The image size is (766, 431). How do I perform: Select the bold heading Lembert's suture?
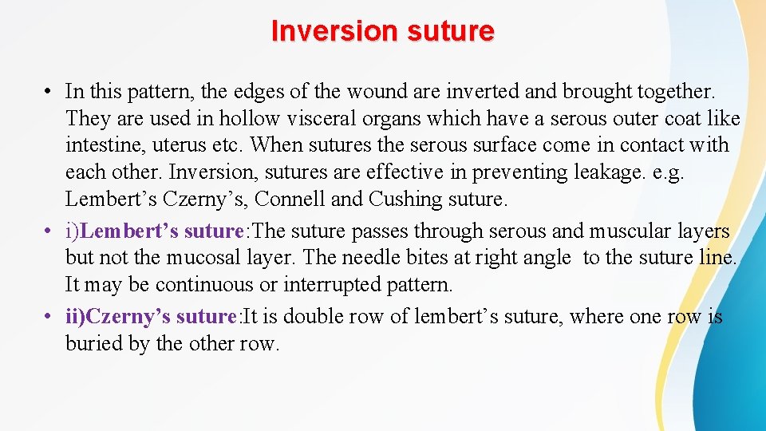(x=161, y=231)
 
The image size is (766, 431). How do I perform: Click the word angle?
(x=547, y=258)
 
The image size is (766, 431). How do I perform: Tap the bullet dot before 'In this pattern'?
(x=48, y=93)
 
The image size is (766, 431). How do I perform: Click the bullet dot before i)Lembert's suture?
(x=48, y=231)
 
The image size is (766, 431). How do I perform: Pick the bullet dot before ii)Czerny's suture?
(x=48, y=317)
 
